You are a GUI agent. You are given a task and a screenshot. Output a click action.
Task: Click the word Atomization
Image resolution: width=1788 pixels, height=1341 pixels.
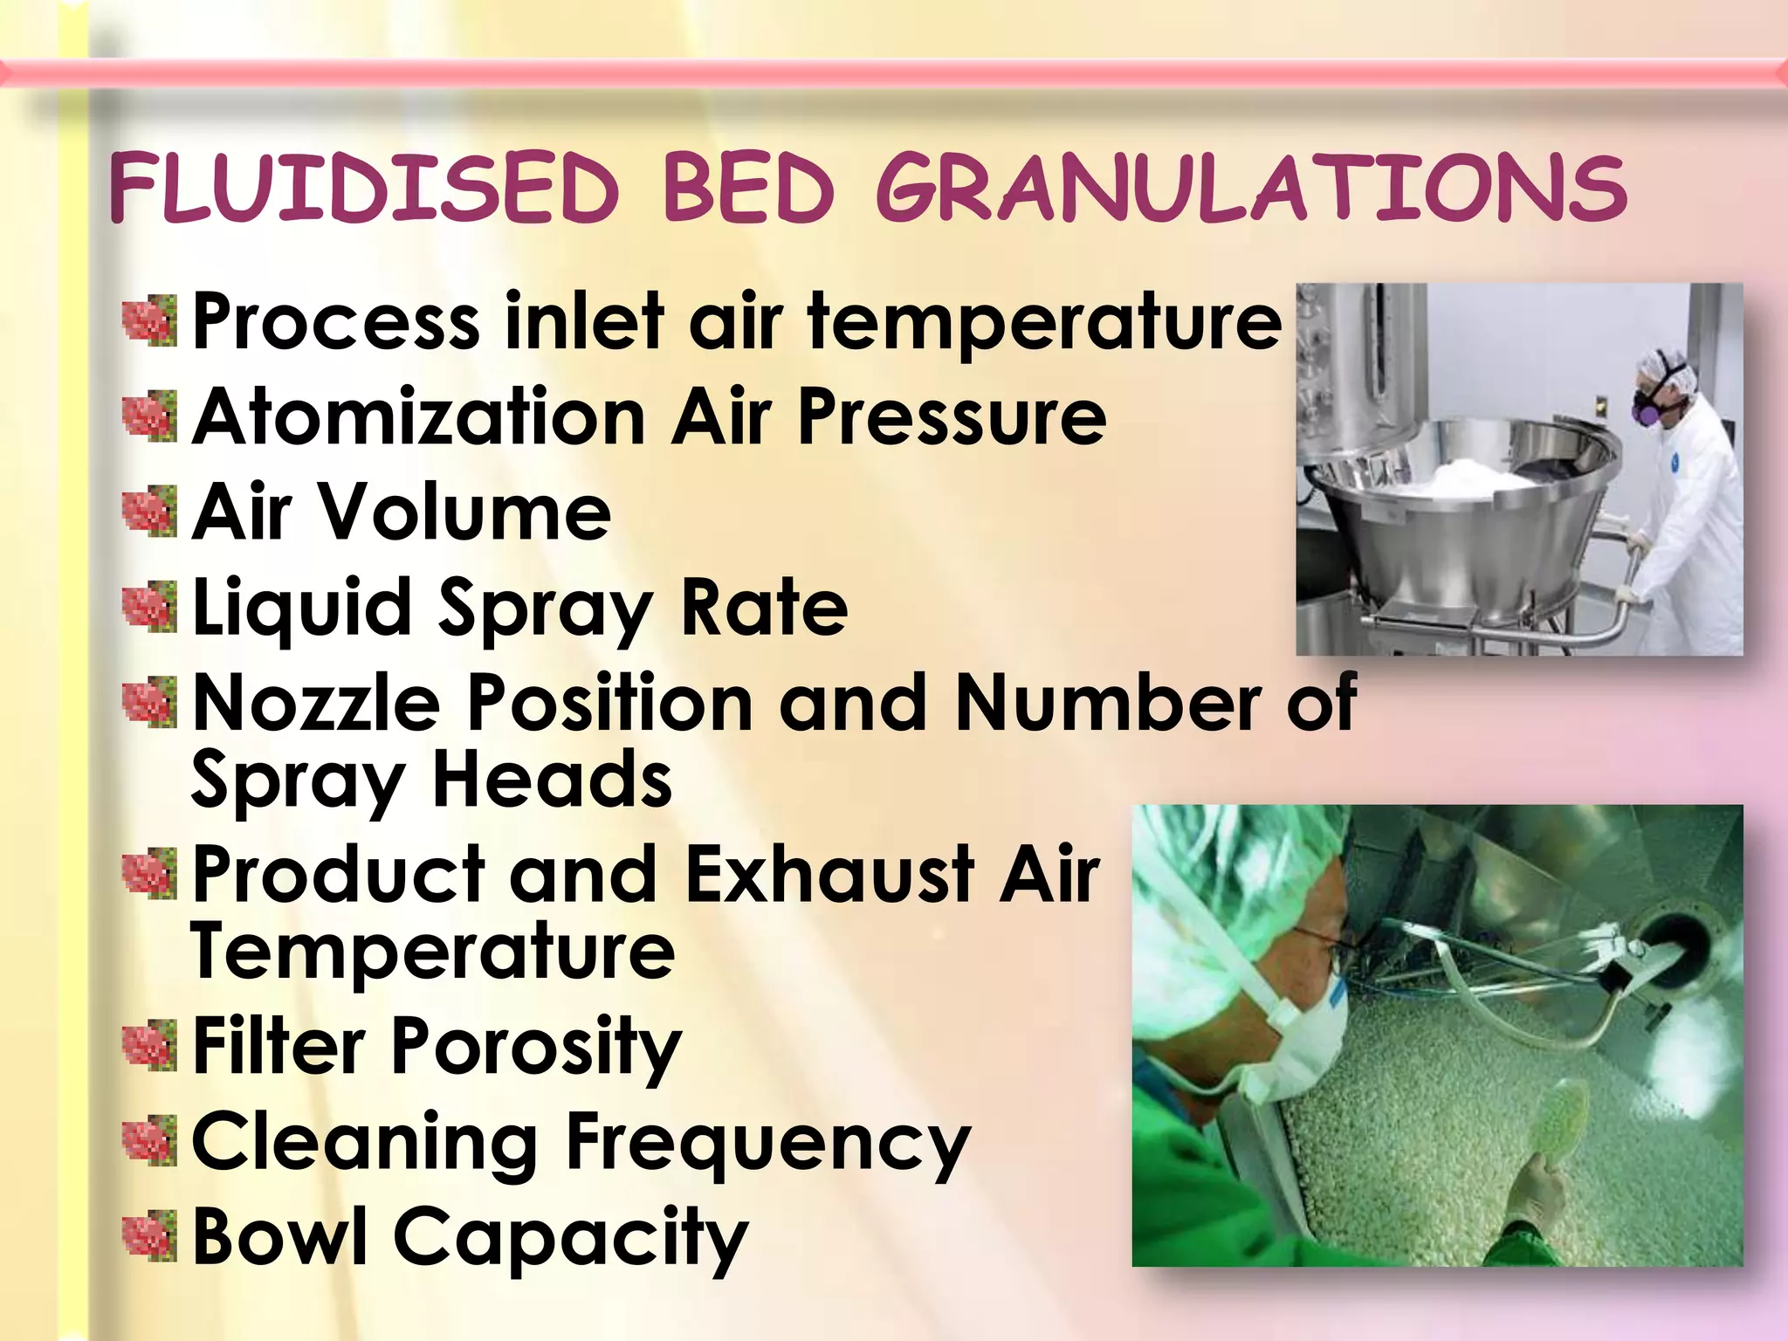417,417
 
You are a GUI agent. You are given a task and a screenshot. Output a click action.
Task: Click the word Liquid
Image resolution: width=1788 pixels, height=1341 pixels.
301,608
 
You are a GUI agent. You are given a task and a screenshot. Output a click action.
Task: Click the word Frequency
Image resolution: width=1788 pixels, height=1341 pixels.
768,1144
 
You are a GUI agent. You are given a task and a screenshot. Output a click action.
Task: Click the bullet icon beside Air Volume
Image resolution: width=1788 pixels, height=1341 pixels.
149,512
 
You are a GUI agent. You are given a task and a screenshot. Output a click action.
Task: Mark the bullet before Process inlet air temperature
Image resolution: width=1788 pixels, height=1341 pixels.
149,322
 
